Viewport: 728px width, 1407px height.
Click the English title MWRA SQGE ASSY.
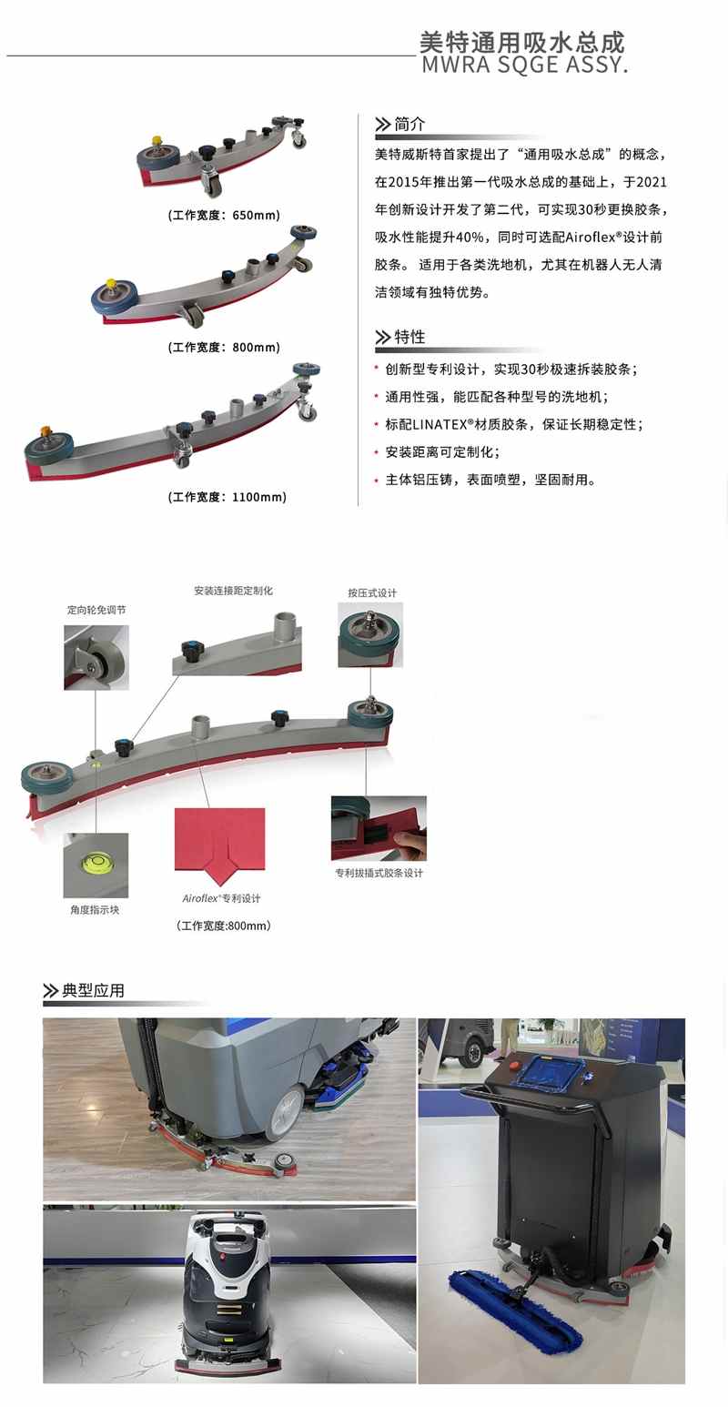pyautogui.click(x=524, y=65)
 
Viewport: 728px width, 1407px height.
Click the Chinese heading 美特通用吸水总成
pyautogui.click(x=522, y=42)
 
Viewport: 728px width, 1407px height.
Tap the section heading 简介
pyautogui.click(x=409, y=125)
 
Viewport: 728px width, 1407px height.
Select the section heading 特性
pyautogui.click(x=409, y=337)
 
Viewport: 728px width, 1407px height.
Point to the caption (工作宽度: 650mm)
pyautogui.click(x=224, y=215)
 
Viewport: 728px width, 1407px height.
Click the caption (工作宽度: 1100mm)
pyautogui.click(x=227, y=497)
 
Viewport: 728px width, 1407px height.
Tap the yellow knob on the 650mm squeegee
pyautogui.click(x=157, y=140)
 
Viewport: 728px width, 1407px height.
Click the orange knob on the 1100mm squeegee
pyautogui.click(x=45, y=431)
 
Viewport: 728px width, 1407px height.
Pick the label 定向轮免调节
pyautogui.click(x=96, y=610)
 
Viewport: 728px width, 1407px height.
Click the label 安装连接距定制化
pyautogui.click(x=233, y=591)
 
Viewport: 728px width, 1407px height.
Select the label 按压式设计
pyautogui.click(x=372, y=592)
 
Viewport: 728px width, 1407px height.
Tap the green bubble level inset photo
pyautogui.click(x=96, y=865)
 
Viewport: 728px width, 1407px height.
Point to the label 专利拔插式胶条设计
pyautogui.click(x=379, y=873)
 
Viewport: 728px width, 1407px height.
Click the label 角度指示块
pyautogui.click(x=95, y=909)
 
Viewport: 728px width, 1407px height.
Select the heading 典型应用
pyautogui.click(x=93, y=990)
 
